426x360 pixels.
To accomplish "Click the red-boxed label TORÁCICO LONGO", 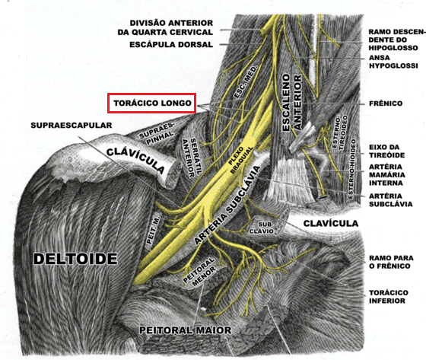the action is point(151,103).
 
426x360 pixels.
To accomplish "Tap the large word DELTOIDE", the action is point(75,259).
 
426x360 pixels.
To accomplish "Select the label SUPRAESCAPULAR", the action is point(72,126).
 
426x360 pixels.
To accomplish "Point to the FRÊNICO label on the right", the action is point(386,104).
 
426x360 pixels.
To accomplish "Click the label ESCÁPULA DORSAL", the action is point(171,44).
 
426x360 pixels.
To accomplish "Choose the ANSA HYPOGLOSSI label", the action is point(393,62).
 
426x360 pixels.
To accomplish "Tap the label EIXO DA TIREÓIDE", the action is point(386,151).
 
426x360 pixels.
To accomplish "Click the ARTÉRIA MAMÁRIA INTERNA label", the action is point(387,175).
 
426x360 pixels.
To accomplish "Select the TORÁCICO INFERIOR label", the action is point(388,297).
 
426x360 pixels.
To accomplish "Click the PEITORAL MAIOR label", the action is point(186,330).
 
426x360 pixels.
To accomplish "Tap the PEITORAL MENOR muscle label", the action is point(199,272).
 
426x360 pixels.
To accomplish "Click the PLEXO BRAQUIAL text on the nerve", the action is point(241,160).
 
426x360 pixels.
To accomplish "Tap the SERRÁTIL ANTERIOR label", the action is point(193,158).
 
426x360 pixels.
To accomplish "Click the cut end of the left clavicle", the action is point(173,174).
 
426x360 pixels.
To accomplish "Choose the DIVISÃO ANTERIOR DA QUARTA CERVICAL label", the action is point(165,27).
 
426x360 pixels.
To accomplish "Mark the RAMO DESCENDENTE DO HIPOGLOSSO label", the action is point(397,40).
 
